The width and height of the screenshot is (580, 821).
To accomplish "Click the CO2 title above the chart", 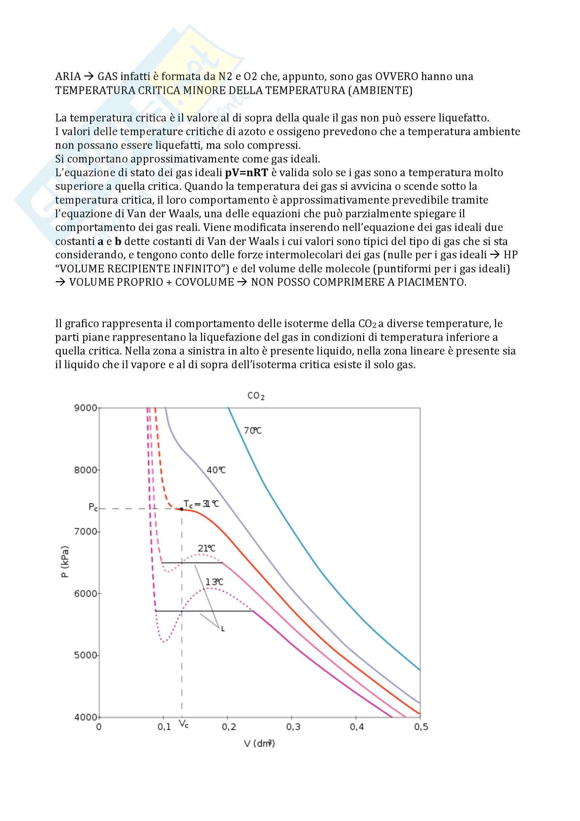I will click(x=255, y=396).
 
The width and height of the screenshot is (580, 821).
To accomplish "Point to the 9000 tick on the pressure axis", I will click(x=86, y=408).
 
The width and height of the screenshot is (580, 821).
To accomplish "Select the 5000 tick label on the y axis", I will click(x=86, y=655).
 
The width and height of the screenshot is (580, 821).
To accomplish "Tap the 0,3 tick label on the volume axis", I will click(x=293, y=727).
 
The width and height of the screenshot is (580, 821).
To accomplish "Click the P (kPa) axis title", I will click(x=65, y=562).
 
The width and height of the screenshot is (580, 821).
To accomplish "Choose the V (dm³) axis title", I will click(x=259, y=743).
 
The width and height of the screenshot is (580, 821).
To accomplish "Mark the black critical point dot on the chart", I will click(x=181, y=509).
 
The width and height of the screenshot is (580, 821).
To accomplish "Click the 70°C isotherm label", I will click(x=252, y=431).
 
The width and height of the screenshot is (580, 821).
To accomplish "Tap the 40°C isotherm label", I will click(x=216, y=470).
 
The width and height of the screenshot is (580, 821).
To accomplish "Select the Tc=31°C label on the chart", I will click(x=201, y=504).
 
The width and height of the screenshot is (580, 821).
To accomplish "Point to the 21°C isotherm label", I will click(x=207, y=548).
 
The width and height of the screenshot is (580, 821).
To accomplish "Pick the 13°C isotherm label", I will click(x=214, y=582).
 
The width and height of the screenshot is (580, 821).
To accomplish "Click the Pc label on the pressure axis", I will click(x=93, y=507).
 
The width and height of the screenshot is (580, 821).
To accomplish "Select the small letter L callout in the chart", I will click(x=223, y=629).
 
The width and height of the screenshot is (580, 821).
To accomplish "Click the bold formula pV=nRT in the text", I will click(x=246, y=173).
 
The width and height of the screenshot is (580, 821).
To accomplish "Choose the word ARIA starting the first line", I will click(x=68, y=77).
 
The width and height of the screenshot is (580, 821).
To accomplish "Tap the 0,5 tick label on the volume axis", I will click(x=421, y=727).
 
